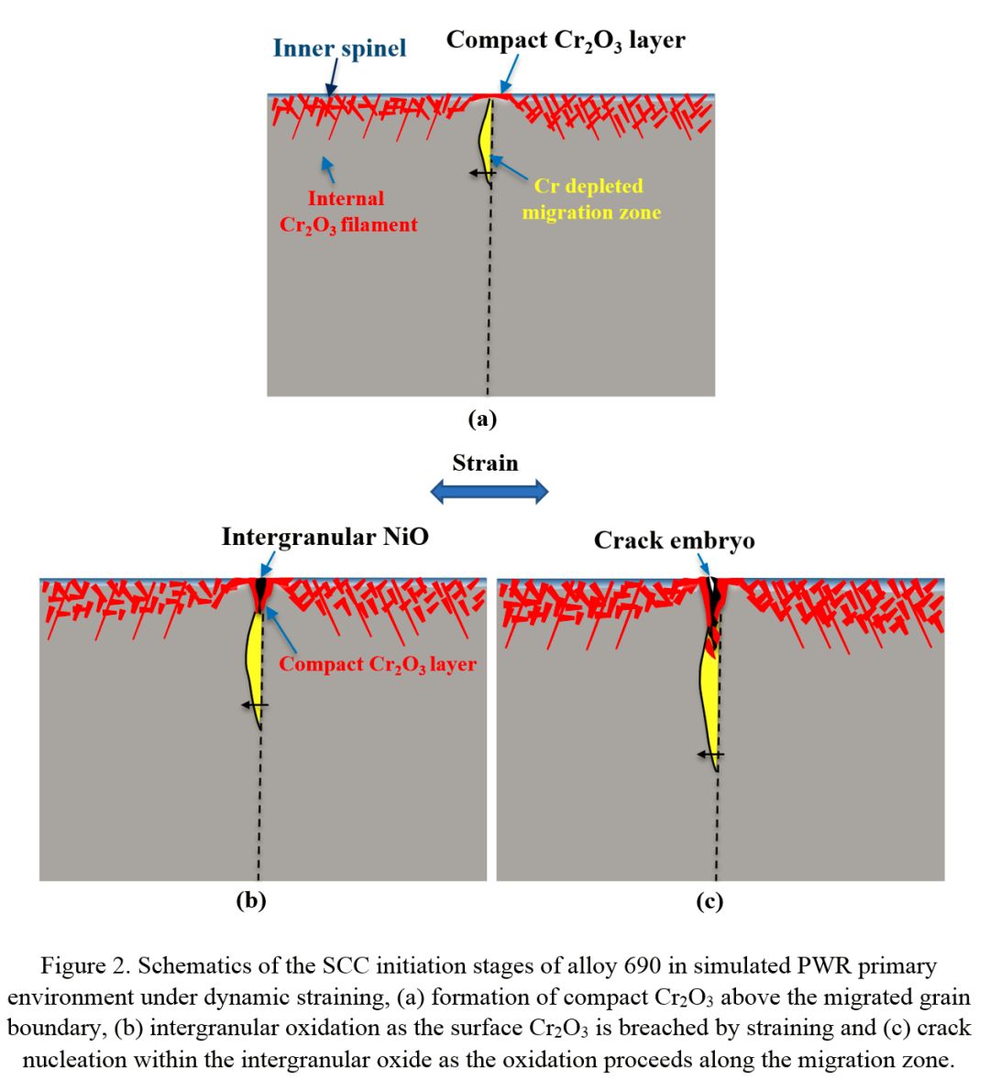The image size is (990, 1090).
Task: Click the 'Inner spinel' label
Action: click(339, 48)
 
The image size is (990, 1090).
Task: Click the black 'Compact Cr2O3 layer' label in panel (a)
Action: click(566, 41)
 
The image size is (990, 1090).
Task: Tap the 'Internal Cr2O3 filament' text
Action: click(347, 212)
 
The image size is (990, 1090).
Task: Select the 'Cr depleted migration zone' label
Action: click(590, 199)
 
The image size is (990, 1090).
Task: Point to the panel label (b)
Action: click(250, 900)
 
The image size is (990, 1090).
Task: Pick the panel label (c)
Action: click(709, 901)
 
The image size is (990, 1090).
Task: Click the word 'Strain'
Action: click(485, 463)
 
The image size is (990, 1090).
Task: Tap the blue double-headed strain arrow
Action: click(489, 492)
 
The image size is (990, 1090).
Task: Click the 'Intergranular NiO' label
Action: click(324, 537)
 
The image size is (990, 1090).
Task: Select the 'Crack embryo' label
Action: click(674, 540)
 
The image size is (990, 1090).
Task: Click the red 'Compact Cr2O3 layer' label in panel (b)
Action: click(378, 664)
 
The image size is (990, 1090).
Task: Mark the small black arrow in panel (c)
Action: click(709, 754)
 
